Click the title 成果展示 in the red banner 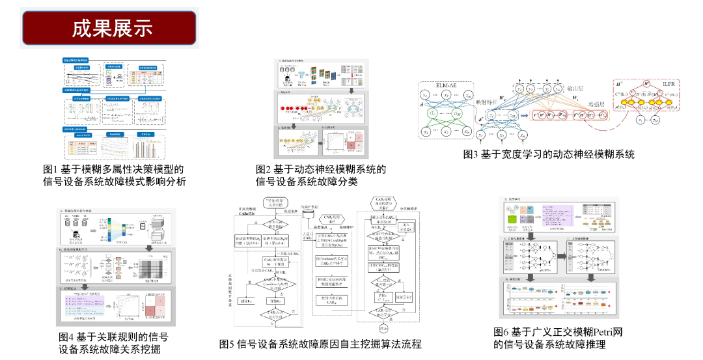(112, 29)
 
